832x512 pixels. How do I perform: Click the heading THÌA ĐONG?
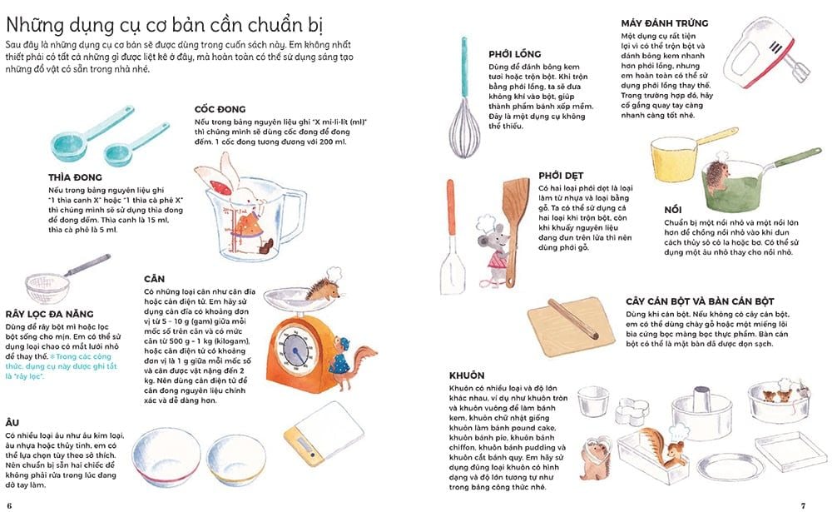pyautogui.click(x=75, y=177)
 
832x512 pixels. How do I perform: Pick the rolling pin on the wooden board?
pyautogui.click(x=574, y=320)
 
